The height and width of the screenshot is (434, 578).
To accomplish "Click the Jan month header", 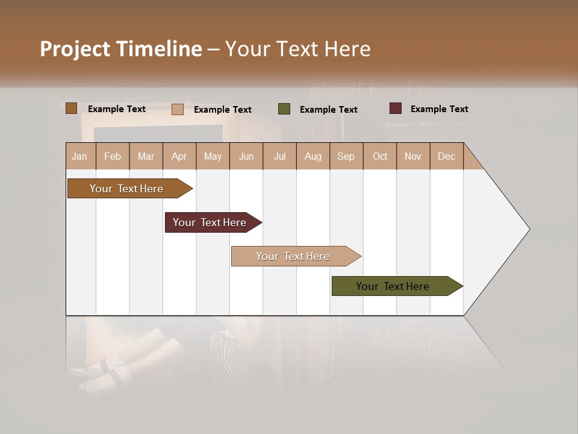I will point(79,156).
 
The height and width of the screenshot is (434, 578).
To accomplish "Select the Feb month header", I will point(113,156).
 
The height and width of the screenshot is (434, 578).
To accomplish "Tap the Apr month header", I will point(179,156).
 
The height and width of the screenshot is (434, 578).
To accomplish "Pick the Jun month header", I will point(246,156).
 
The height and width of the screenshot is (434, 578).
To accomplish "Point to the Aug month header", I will point(312,156).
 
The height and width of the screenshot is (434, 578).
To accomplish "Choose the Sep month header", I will point(346,156).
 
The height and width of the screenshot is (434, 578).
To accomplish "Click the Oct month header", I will point(380,156).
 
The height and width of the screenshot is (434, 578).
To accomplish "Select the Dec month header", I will point(446,156).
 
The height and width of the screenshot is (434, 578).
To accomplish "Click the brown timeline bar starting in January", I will point(126,189).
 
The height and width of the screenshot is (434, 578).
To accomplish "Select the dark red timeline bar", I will point(210,222).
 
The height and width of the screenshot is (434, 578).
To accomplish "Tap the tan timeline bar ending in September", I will point(293,256).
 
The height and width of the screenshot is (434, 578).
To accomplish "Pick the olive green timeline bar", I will point(393,286).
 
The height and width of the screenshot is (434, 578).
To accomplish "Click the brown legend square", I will point(72,108).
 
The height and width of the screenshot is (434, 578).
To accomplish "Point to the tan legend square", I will point(178,109).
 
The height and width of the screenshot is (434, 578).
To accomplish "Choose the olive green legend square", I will point(284,109).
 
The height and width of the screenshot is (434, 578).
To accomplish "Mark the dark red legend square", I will point(396,108).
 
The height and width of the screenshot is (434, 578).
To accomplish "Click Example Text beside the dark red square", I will point(439,108).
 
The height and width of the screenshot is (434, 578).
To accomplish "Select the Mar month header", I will point(146,156).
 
